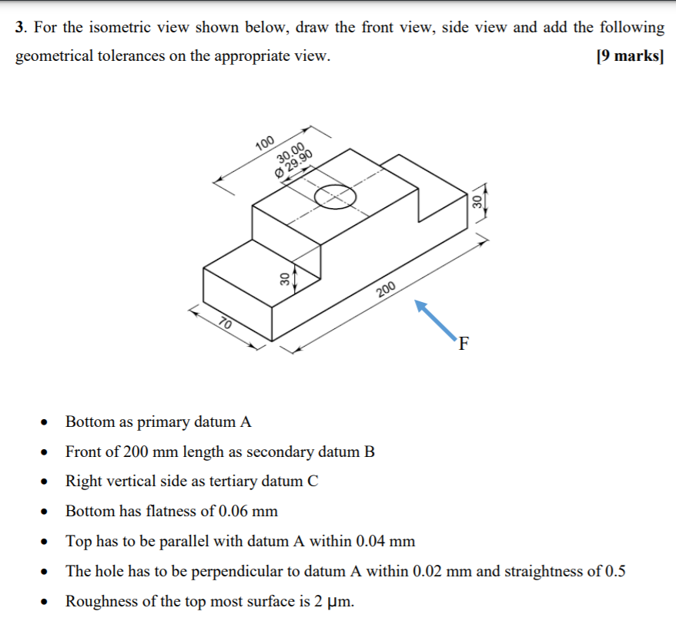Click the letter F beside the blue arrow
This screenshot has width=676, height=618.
[463, 344]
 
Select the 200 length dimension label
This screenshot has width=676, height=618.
[386, 289]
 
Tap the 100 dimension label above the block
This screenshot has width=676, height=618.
[264, 143]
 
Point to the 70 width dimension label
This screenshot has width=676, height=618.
[226, 322]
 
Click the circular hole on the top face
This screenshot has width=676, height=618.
[335, 196]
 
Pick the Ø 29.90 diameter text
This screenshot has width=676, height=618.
[295, 163]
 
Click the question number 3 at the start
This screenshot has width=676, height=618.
[20, 28]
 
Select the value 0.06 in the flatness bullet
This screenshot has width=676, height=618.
[234, 511]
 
